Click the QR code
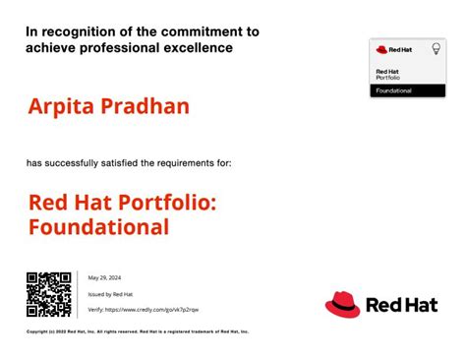[49, 295]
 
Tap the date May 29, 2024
[103, 277]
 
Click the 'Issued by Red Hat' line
[110, 294]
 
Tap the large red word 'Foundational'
[98, 228]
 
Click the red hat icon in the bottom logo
[343, 305]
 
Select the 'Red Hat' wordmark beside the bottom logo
[401, 306]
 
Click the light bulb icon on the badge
[436, 48]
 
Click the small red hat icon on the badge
[381, 48]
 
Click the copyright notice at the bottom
[138, 331]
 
